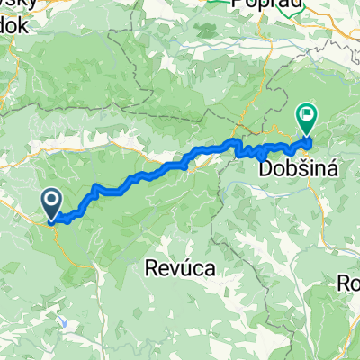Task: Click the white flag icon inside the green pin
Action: (308, 114)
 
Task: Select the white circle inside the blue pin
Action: (51, 199)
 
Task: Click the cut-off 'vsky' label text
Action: (13, 4)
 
